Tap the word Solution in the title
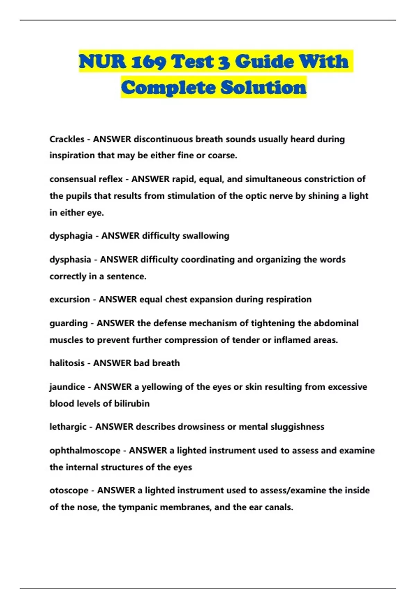pos(263,87)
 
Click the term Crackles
pos(67,139)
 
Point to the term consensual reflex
pos(86,179)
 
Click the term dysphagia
pos(71,236)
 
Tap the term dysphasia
pos(70,260)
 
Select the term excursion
pos(70,299)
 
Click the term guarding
pos(69,323)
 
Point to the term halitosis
pos(67,363)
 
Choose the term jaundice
pos(67,387)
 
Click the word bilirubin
pos(132,404)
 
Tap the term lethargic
pos(68,427)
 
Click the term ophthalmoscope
pos(85,450)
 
